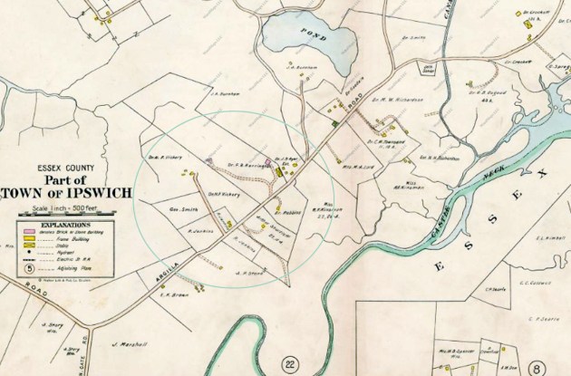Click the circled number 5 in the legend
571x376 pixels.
click(29, 268)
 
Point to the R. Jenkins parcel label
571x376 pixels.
click(199, 231)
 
